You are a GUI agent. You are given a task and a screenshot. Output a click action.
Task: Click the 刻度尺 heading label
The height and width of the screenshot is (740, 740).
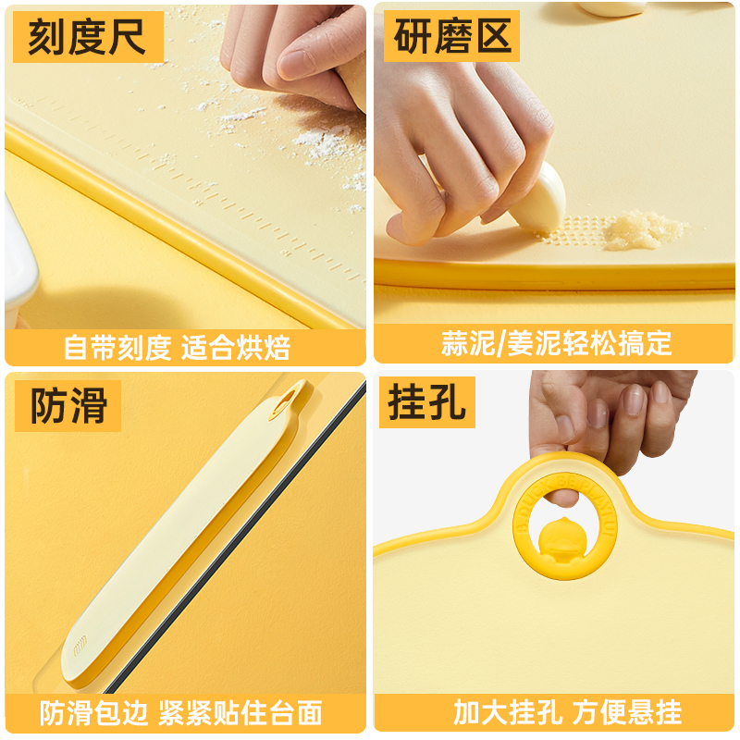[x=88, y=38]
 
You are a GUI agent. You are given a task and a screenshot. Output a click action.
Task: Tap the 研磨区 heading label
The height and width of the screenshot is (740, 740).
[x=452, y=38]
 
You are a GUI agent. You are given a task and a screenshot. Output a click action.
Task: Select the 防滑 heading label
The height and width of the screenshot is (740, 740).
[x=68, y=406]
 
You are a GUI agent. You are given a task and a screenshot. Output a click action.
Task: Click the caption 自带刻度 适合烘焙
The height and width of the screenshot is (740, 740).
[x=178, y=347]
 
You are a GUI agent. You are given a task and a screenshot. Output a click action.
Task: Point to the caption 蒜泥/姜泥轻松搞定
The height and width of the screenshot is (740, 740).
[x=556, y=343]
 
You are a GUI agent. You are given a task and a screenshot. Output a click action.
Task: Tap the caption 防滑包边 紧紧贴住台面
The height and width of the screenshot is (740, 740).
[x=181, y=712]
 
